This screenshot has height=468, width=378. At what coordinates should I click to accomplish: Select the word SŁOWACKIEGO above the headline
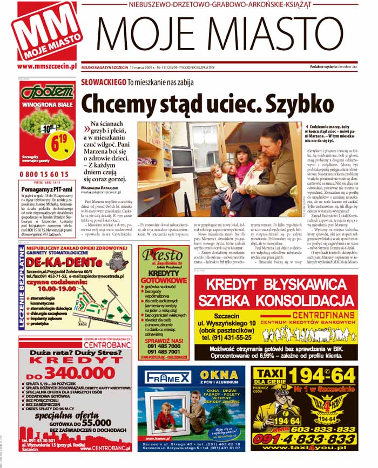103,82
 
